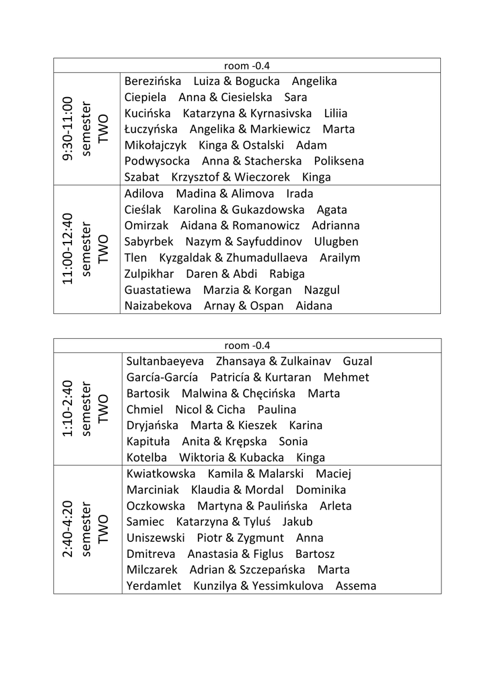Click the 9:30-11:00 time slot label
coord(67,129)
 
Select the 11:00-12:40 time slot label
coord(67,249)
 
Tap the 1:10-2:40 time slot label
coord(67,408)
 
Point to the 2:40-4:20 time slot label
coord(67,529)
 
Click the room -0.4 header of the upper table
coord(247,65)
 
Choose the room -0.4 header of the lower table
coord(247,346)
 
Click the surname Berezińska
coord(153,82)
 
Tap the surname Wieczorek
coord(262,177)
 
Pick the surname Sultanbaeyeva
coord(165,362)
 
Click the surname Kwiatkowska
coord(161,474)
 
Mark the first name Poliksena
coord(339,161)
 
